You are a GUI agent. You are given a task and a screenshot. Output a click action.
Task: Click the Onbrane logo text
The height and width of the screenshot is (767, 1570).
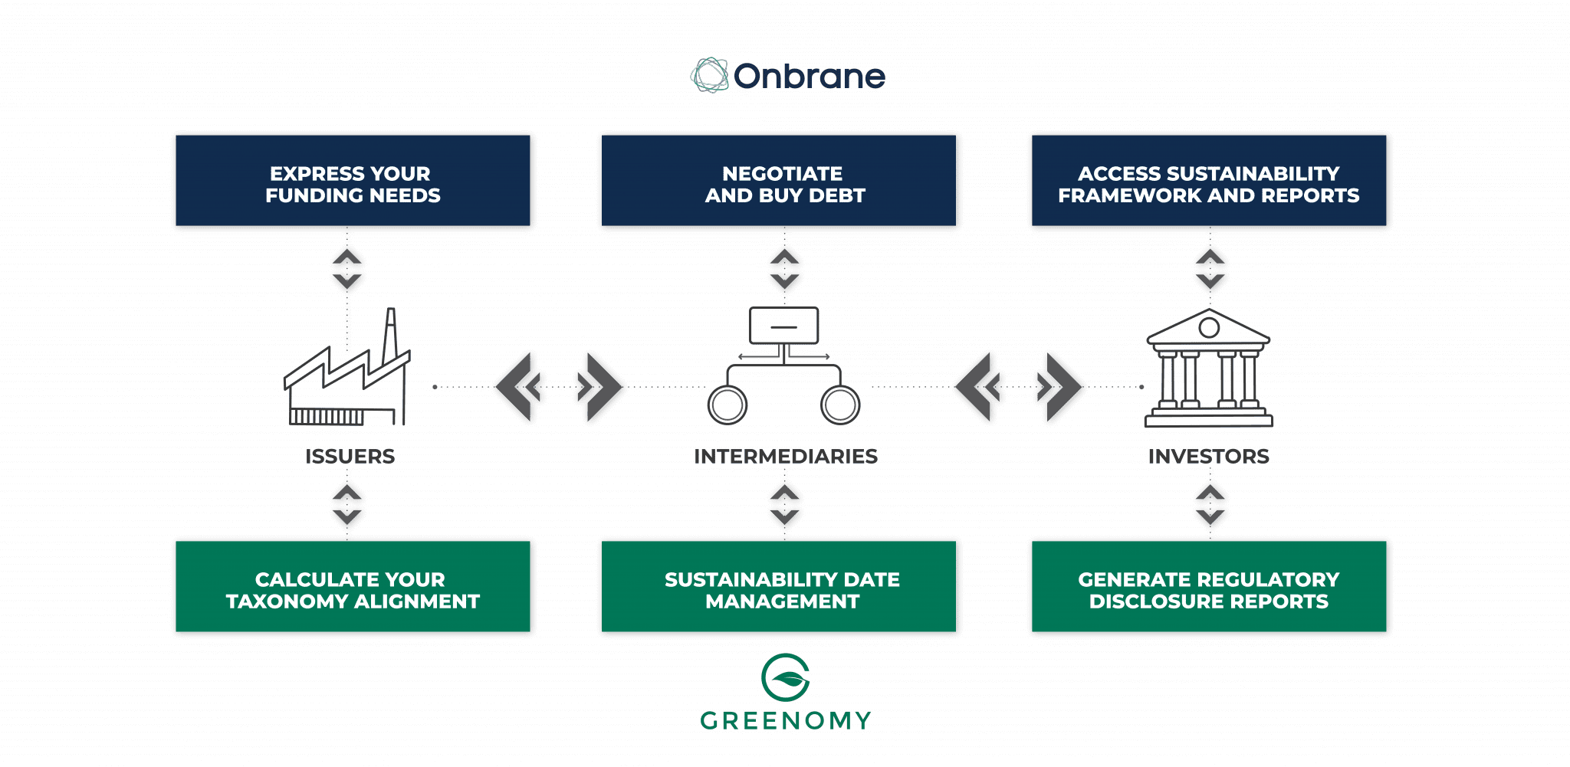(809, 77)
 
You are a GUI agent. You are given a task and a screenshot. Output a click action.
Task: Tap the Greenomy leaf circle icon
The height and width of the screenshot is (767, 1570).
(785, 677)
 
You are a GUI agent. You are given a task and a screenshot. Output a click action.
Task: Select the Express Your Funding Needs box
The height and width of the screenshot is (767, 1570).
(353, 182)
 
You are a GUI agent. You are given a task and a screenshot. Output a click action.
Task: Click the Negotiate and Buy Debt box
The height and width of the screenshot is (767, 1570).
(780, 182)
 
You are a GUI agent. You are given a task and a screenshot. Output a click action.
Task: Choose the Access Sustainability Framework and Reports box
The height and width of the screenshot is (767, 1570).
(1209, 182)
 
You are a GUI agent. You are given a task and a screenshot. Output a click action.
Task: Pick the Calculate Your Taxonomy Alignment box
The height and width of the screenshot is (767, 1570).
(353, 588)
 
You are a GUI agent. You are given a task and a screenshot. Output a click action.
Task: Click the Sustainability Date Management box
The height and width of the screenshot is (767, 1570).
(780, 588)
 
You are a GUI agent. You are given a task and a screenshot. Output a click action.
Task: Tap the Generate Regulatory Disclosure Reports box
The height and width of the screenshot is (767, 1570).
(1209, 588)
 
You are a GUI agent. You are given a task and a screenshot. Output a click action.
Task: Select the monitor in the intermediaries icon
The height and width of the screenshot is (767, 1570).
(783, 326)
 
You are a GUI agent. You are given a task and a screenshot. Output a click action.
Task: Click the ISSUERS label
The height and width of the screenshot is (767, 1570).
(350, 457)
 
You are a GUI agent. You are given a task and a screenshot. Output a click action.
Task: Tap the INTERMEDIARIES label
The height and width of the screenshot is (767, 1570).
(785, 457)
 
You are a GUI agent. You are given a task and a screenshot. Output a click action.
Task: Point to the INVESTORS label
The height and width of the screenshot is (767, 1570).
(1208, 457)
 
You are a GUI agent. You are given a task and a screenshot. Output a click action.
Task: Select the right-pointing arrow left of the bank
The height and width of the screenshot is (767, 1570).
(1059, 387)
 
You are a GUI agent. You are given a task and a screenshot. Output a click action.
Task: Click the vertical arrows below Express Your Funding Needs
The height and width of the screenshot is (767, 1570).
(348, 269)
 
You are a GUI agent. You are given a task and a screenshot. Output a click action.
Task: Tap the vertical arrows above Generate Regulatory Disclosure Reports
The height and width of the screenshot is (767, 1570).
(1210, 506)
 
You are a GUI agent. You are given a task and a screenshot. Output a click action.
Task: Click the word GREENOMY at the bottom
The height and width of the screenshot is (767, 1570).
(785, 721)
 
